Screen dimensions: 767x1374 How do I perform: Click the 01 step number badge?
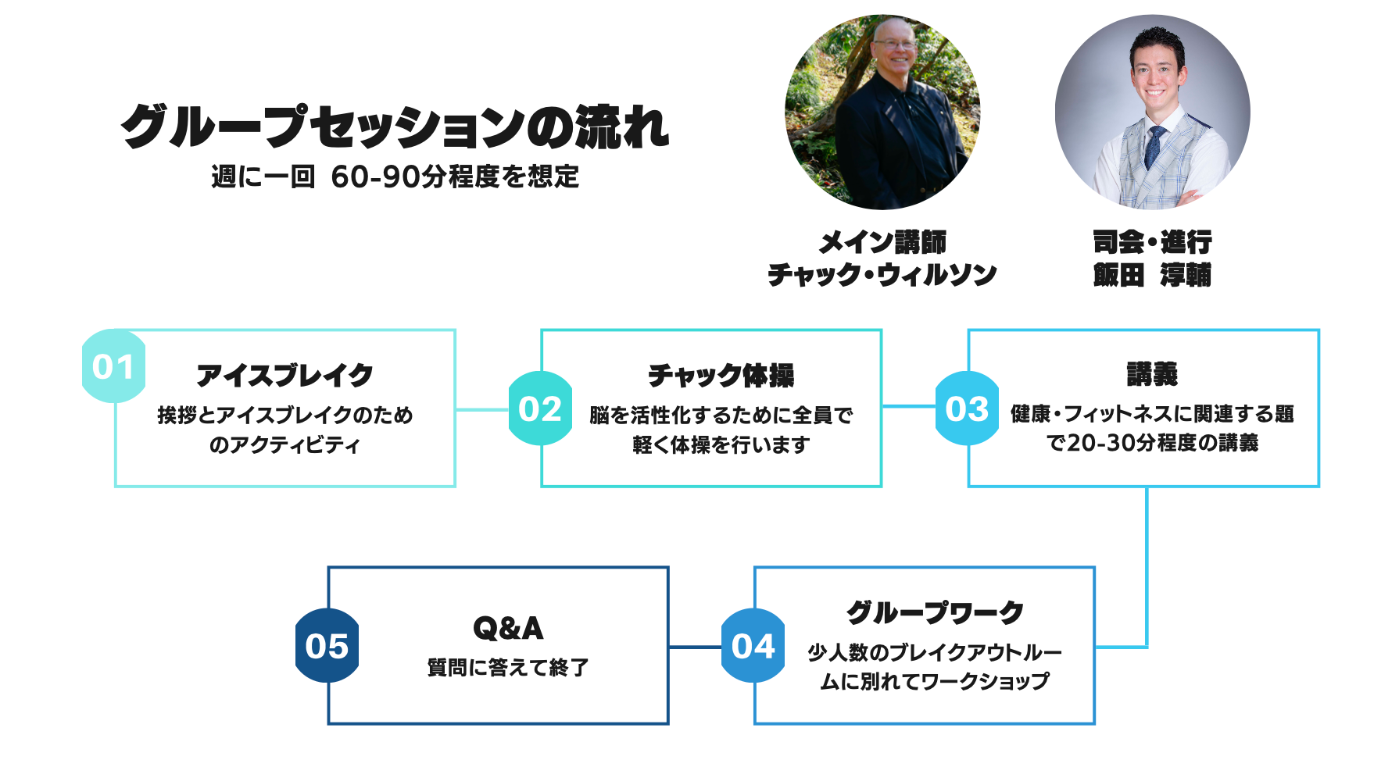click(113, 366)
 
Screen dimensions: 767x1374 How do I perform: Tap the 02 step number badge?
click(540, 409)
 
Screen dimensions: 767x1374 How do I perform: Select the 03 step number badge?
click(967, 409)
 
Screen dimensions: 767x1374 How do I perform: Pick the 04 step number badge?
click(753, 646)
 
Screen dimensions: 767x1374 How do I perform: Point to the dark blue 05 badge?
click(327, 646)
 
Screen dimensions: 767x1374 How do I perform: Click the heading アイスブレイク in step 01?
click(285, 376)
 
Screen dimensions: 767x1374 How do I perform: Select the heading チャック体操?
click(721, 376)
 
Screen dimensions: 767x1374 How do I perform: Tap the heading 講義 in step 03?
click(1152, 374)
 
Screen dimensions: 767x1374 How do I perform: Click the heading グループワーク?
click(935, 612)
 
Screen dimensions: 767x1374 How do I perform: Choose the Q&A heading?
click(508, 628)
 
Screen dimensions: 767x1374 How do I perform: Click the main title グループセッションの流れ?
click(395, 127)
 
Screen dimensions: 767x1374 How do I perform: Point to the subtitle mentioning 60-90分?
click(395, 177)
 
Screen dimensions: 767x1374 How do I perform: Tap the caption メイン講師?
click(882, 242)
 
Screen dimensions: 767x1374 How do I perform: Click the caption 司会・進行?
click(1152, 242)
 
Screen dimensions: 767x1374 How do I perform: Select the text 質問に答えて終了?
click(508, 668)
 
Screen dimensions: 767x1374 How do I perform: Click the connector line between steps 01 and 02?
click(482, 409)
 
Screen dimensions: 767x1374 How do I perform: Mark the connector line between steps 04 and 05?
click(695, 647)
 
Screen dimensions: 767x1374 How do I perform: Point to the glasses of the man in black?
click(896, 45)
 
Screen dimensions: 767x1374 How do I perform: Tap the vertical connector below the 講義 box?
click(1147, 562)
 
